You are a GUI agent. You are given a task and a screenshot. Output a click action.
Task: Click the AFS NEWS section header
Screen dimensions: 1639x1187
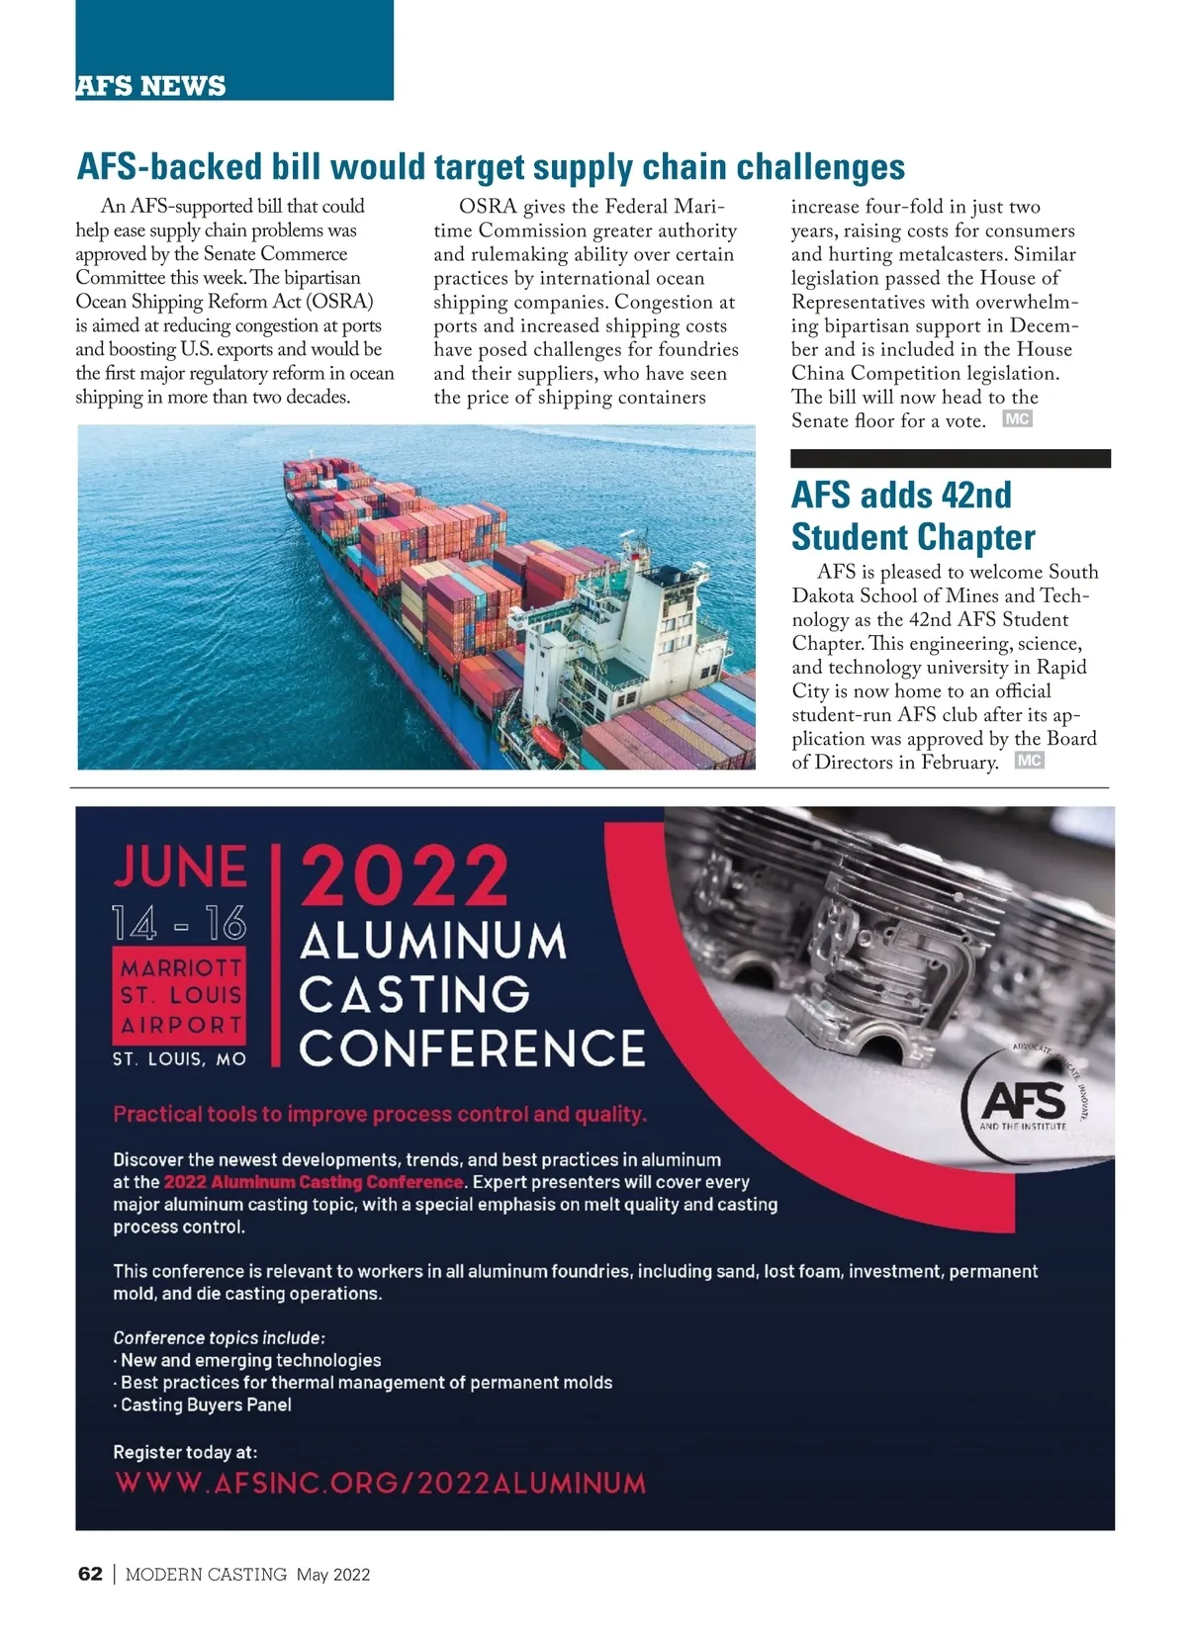(x=150, y=86)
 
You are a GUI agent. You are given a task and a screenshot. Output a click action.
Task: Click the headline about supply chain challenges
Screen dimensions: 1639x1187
(x=491, y=167)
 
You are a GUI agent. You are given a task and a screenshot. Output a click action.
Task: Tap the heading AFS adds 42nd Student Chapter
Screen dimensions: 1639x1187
(x=912, y=515)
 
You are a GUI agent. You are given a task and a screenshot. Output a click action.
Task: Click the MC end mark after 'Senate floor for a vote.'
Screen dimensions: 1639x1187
(x=1017, y=419)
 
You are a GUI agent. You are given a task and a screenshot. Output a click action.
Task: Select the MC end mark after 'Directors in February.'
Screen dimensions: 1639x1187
(x=1029, y=761)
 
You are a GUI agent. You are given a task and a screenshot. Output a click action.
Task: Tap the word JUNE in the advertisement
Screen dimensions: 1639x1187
(x=180, y=866)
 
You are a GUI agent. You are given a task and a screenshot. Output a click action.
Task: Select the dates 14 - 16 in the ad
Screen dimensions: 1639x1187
(x=179, y=924)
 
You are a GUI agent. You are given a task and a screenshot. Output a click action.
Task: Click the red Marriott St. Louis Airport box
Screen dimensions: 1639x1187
(x=180, y=995)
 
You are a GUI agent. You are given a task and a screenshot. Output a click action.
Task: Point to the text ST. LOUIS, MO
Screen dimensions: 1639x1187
(x=179, y=1059)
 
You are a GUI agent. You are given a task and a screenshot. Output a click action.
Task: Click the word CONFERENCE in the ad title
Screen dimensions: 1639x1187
(x=472, y=1048)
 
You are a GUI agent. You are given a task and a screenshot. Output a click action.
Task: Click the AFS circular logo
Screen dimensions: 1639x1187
(x=1025, y=1102)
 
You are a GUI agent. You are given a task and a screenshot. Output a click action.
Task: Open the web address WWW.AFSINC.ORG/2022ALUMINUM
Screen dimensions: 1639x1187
(x=381, y=1483)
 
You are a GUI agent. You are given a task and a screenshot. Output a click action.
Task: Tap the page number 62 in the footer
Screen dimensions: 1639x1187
(x=90, y=1574)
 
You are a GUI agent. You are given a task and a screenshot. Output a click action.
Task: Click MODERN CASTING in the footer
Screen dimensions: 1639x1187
(x=206, y=1575)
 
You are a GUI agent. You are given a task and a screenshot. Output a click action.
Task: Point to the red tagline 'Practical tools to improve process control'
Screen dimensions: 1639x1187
(x=380, y=1114)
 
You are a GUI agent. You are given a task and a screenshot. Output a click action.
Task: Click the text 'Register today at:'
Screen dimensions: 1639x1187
(x=185, y=1452)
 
